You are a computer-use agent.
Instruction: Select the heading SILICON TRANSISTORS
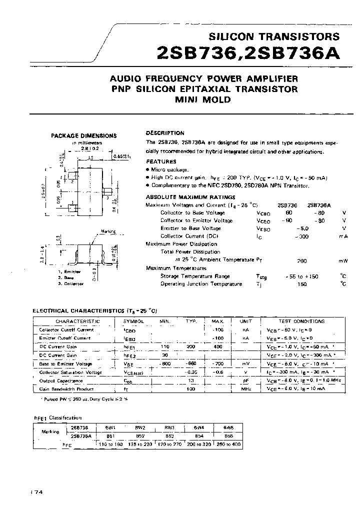273,36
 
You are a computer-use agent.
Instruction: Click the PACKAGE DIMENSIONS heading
84,135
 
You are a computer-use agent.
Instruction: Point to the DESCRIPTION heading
165,133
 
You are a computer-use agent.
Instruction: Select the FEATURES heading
161,161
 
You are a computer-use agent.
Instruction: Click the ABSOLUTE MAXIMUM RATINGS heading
190,197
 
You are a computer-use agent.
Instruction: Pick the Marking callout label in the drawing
108,231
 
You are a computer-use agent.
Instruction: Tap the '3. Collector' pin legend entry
70,283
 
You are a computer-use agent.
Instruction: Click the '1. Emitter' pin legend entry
69,271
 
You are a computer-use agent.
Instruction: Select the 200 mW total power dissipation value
301,260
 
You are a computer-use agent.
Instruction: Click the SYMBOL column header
133,321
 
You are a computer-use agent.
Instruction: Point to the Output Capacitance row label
64,380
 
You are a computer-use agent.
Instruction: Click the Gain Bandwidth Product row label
67,389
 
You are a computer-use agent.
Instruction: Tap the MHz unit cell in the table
245,389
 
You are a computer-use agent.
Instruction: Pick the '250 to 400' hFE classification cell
228,443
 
